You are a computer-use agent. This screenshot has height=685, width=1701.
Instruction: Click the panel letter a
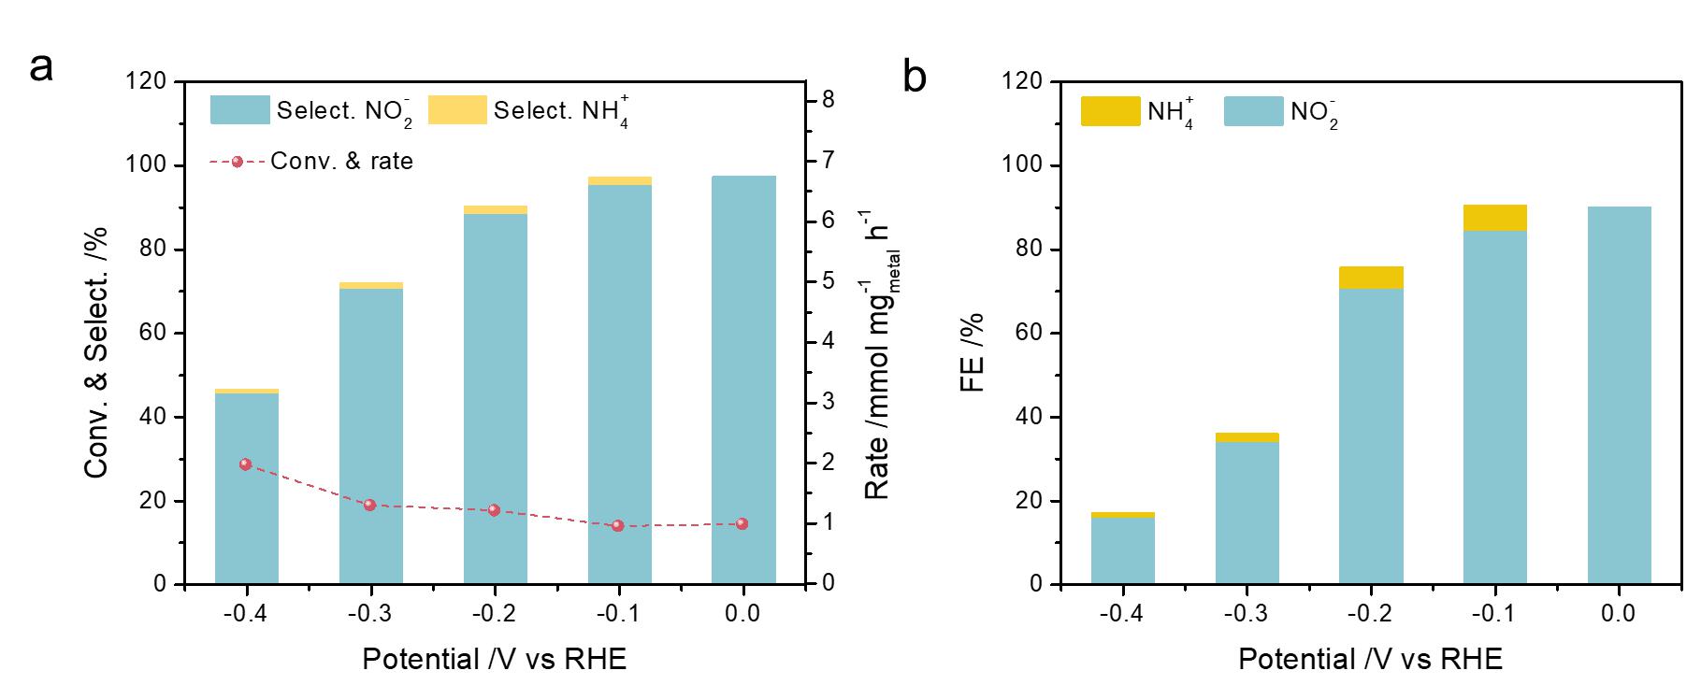(x=41, y=68)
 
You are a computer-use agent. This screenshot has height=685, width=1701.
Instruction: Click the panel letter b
(x=915, y=78)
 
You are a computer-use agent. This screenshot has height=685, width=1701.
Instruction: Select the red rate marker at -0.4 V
(x=246, y=464)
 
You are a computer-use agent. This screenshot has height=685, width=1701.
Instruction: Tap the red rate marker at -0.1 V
(x=618, y=526)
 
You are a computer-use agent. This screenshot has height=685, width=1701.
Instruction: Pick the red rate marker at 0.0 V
(x=742, y=524)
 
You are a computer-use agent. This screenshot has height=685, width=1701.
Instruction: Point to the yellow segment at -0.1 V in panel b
(x=1494, y=218)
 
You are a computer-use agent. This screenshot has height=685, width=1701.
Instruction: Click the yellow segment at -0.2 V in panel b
(x=1371, y=278)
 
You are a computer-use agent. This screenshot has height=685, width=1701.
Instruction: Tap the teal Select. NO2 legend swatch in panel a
(x=239, y=110)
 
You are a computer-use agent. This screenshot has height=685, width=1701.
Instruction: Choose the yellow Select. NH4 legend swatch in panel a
(x=457, y=110)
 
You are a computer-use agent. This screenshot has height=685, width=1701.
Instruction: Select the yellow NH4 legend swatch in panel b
(x=1110, y=111)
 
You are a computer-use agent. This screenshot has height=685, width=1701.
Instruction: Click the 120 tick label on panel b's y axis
(x=1021, y=82)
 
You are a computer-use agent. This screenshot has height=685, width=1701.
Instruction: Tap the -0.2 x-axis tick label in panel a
(x=495, y=614)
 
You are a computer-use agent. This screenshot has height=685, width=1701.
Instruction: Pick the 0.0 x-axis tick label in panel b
(x=1619, y=614)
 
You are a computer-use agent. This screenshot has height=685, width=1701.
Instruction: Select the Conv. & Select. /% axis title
(x=97, y=352)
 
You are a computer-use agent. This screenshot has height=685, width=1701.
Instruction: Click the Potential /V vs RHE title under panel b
(x=1370, y=660)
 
